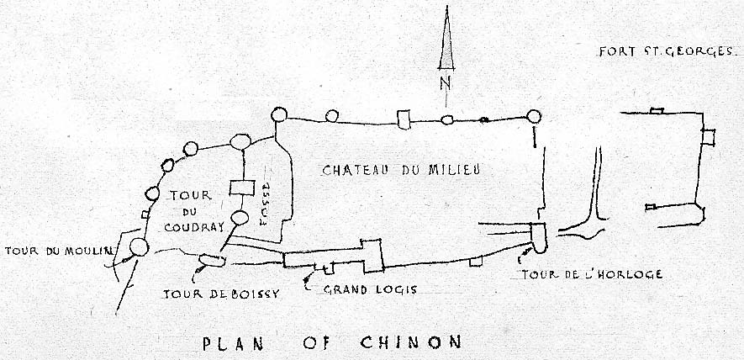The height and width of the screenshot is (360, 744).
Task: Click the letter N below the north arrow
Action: [446, 82]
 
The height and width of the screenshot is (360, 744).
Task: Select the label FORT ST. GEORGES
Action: [668, 52]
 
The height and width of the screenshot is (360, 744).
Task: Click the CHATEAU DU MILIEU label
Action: [400, 170]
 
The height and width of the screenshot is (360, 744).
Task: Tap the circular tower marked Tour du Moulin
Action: [139, 247]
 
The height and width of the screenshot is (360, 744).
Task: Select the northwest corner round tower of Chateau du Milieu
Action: [277, 116]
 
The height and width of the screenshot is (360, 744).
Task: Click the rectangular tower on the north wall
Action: [404, 119]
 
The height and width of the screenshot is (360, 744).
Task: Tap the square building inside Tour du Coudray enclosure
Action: [242, 189]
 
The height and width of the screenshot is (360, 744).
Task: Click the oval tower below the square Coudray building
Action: [240, 219]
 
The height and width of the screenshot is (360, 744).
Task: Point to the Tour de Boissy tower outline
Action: [211, 260]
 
